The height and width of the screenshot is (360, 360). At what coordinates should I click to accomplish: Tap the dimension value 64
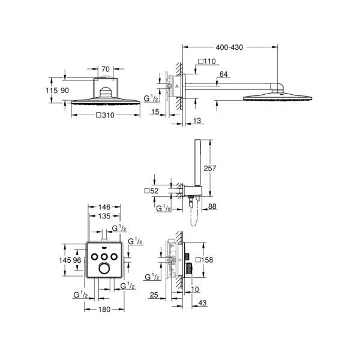coord(224,74)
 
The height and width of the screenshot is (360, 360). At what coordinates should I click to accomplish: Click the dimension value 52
coord(152,191)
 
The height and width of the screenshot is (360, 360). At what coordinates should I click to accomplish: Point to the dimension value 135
coord(105,217)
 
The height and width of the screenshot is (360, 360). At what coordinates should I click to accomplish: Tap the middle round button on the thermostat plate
coord(105,257)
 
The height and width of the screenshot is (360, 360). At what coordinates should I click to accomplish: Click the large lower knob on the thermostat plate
coord(105,270)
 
